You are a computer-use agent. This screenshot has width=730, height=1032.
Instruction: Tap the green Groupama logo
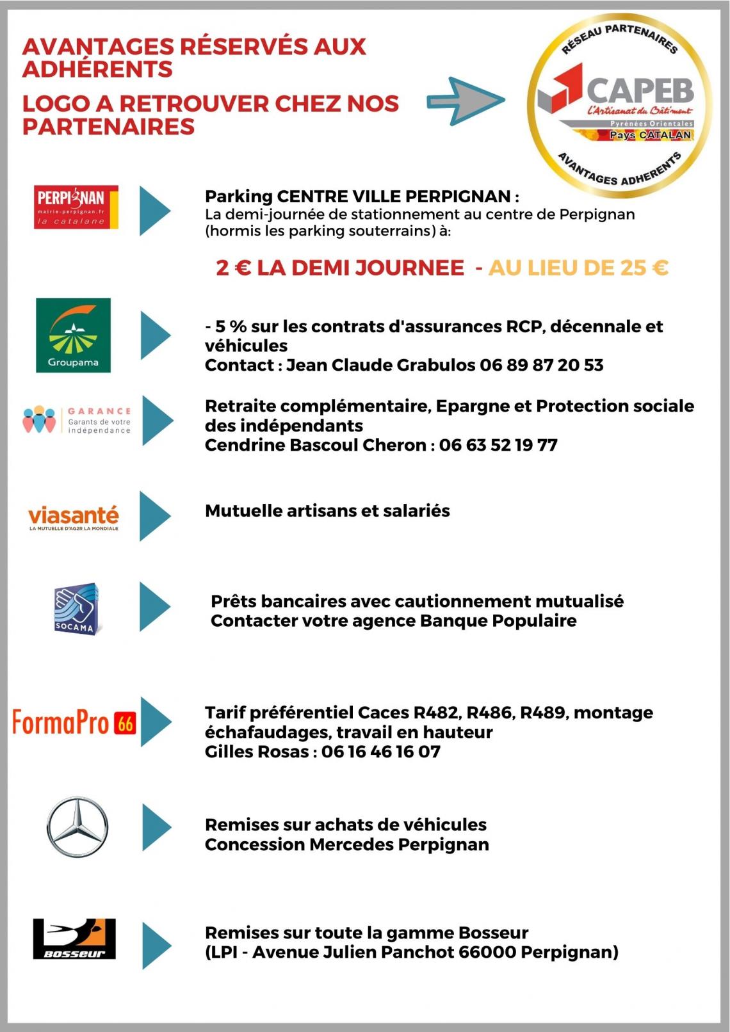tap(73, 335)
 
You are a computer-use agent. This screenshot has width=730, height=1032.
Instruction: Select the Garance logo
tap(77, 420)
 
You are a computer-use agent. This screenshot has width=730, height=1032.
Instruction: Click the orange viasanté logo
tap(74, 517)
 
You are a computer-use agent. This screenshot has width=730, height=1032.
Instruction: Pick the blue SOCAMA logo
tap(76, 609)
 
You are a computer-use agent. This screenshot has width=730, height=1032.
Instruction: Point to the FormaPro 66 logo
tap(74, 723)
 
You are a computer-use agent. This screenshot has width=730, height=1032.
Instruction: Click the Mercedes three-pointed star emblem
tap(77, 826)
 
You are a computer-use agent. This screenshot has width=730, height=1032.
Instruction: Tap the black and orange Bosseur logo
tap(74, 939)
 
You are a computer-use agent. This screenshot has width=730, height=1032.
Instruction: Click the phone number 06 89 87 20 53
tap(541, 366)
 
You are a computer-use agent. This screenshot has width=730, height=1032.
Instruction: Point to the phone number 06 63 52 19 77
tap(498, 446)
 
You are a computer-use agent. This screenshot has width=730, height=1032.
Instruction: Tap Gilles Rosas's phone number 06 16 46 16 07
tap(381, 752)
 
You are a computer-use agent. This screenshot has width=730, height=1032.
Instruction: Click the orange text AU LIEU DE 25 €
tap(578, 268)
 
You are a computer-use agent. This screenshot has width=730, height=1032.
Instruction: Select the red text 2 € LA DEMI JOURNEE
tap(340, 268)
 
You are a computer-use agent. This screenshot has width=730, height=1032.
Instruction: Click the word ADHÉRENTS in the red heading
tap(97, 69)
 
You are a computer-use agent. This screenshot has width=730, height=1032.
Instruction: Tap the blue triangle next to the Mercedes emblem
tap(156, 827)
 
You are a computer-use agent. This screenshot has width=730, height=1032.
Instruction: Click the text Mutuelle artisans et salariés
tap(327, 511)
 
